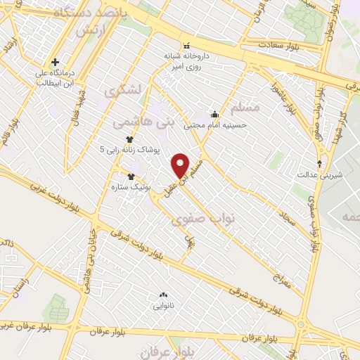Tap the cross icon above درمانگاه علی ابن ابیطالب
pos(55,62)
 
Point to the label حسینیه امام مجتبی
pos(215,127)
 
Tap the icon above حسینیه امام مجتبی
pos(214,114)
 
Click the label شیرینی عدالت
pos(320,174)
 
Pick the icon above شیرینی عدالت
pos(320,163)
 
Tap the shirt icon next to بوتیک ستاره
pos(130,176)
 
